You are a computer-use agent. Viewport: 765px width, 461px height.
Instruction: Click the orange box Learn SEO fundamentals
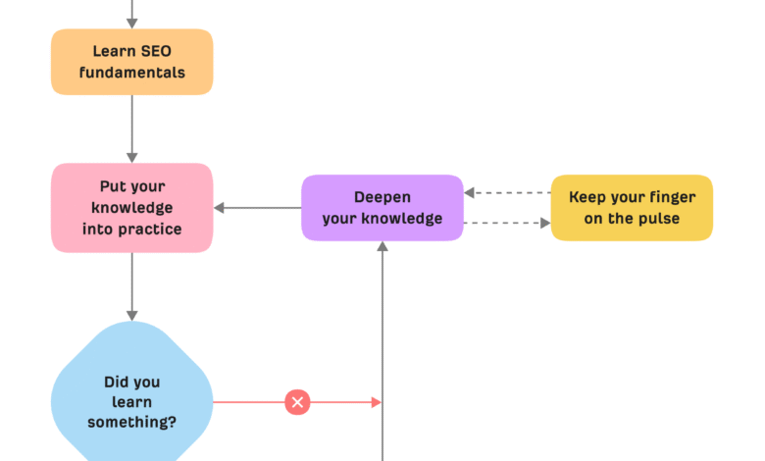(131, 62)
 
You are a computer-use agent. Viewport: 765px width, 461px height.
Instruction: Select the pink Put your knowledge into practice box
(131, 208)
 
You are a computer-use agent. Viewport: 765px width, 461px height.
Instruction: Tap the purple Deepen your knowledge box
(382, 208)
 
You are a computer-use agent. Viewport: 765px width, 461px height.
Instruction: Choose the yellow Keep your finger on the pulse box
(632, 208)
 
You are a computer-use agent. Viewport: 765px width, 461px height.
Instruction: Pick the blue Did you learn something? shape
(131, 401)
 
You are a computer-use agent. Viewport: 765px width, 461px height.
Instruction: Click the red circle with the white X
(297, 401)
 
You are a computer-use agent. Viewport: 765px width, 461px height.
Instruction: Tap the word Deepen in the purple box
(382, 197)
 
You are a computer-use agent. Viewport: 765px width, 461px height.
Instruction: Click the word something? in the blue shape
(131, 423)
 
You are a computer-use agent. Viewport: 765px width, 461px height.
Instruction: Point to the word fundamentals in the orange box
(131, 73)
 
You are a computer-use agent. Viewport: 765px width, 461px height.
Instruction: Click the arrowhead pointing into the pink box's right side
(220, 208)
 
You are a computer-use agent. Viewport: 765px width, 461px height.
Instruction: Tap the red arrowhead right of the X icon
(376, 401)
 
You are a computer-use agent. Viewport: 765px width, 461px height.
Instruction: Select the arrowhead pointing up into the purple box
(382, 247)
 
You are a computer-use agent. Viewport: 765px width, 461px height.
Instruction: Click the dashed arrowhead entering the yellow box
(544, 223)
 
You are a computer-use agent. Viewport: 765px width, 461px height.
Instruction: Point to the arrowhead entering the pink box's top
(131, 157)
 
